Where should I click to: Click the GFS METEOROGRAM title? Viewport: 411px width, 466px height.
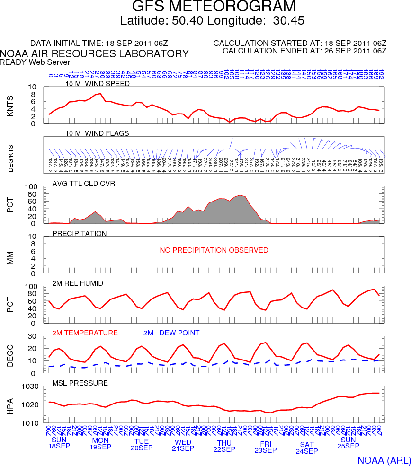pyautogui.click(x=214, y=7)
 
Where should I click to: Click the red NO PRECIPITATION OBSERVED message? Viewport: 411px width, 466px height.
pyautogui.click(x=214, y=250)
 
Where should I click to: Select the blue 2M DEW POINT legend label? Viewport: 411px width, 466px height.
pyautogui.click(x=171, y=333)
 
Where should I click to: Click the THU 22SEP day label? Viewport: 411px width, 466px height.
pyautogui.click(x=224, y=446)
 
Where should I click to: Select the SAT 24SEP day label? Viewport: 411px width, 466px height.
pyautogui.click(x=307, y=448)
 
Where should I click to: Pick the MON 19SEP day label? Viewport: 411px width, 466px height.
pyautogui.click(x=100, y=443)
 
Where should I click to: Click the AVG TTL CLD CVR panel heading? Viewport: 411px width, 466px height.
pyautogui.click(x=83, y=184)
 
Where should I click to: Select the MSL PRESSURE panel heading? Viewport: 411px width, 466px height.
pyautogui.click(x=80, y=383)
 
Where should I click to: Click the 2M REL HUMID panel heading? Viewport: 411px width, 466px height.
pyautogui.click(x=78, y=283)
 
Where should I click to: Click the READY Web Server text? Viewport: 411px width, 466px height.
pyautogui.click(x=35, y=62)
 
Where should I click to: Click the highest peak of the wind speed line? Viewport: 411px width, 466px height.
pyautogui.click(x=100, y=93)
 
